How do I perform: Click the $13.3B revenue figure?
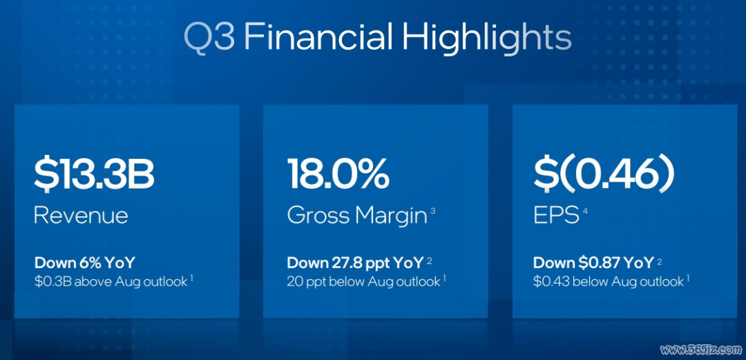[x=94, y=176]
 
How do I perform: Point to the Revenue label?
[x=81, y=216]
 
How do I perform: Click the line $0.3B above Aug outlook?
[x=111, y=281]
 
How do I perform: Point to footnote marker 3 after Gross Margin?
[x=432, y=210]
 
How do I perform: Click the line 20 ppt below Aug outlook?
[x=363, y=281]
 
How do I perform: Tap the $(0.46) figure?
[x=604, y=176]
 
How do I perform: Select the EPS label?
[x=555, y=216]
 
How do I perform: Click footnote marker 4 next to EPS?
[x=585, y=211]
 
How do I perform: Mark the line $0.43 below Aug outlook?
[x=609, y=281]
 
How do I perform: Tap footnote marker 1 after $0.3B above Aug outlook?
[x=192, y=278]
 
